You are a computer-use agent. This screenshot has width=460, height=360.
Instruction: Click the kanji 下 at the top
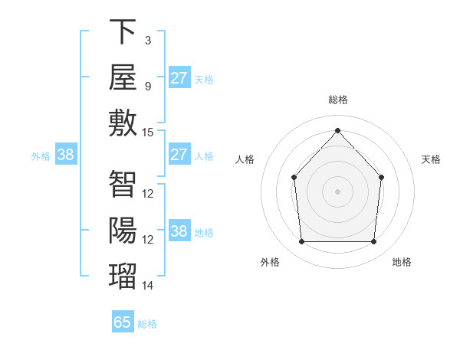[123, 31]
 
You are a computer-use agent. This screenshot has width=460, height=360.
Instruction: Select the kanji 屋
[123, 77]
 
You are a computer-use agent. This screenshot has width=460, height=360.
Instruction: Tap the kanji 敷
[123, 123]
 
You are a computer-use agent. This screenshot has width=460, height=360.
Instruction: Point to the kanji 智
[123, 184]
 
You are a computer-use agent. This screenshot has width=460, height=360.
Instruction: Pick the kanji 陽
[123, 230]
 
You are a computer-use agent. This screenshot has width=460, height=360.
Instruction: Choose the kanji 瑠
[123, 276]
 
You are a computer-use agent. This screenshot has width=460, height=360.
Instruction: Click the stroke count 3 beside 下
[148, 41]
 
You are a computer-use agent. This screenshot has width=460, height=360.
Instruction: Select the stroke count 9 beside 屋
[148, 87]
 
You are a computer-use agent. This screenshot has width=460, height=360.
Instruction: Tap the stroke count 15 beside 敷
[147, 133]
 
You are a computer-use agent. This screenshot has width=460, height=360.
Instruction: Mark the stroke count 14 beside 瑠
[147, 286]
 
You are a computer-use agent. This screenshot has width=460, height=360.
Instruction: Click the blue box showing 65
[123, 321]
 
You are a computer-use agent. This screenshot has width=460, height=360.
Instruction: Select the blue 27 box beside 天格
[179, 77]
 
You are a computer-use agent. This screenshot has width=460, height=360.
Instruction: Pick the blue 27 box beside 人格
[179, 154]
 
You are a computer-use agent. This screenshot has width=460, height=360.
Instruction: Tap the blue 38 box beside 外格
[66, 154]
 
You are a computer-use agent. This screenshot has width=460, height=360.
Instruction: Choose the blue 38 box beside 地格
[179, 230]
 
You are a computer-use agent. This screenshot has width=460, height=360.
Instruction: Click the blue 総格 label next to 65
[147, 324]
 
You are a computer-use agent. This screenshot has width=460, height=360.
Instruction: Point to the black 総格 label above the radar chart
[338, 100]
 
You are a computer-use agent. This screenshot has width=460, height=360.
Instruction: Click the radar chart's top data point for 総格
[337, 130]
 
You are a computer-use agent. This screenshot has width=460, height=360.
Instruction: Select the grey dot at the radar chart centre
[337, 191]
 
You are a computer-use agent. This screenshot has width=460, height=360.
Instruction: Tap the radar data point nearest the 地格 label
[373, 241]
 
